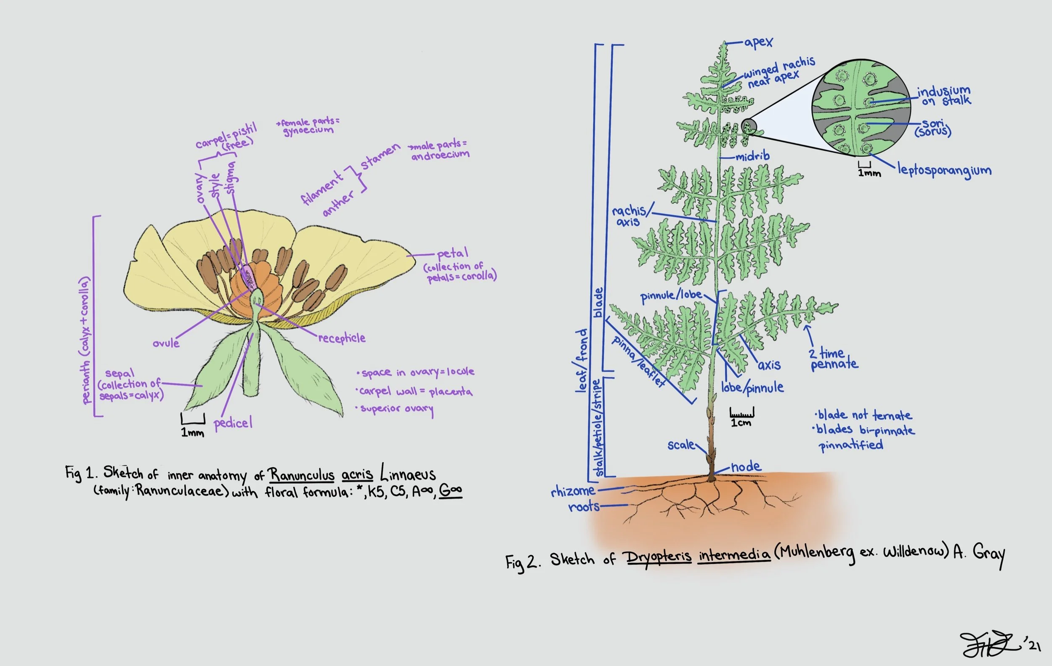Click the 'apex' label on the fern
click(x=758, y=43)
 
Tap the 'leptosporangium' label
click(x=944, y=170)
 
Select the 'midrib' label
click(x=752, y=156)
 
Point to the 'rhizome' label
click(x=573, y=491)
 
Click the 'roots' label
click(x=584, y=506)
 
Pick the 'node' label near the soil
click(x=746, y=467)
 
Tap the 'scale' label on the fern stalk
click(x=681, y=445)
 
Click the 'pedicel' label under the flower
click(x=233, y=423)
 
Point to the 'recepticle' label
click(x=342, y=338)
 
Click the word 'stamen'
click(x=380, y=156)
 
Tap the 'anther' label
click(x=338, y=204)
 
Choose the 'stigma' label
click(x=231, y=177)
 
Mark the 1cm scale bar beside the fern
click(x=741, y=413)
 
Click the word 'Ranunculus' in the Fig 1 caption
click(x=301, y=474)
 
